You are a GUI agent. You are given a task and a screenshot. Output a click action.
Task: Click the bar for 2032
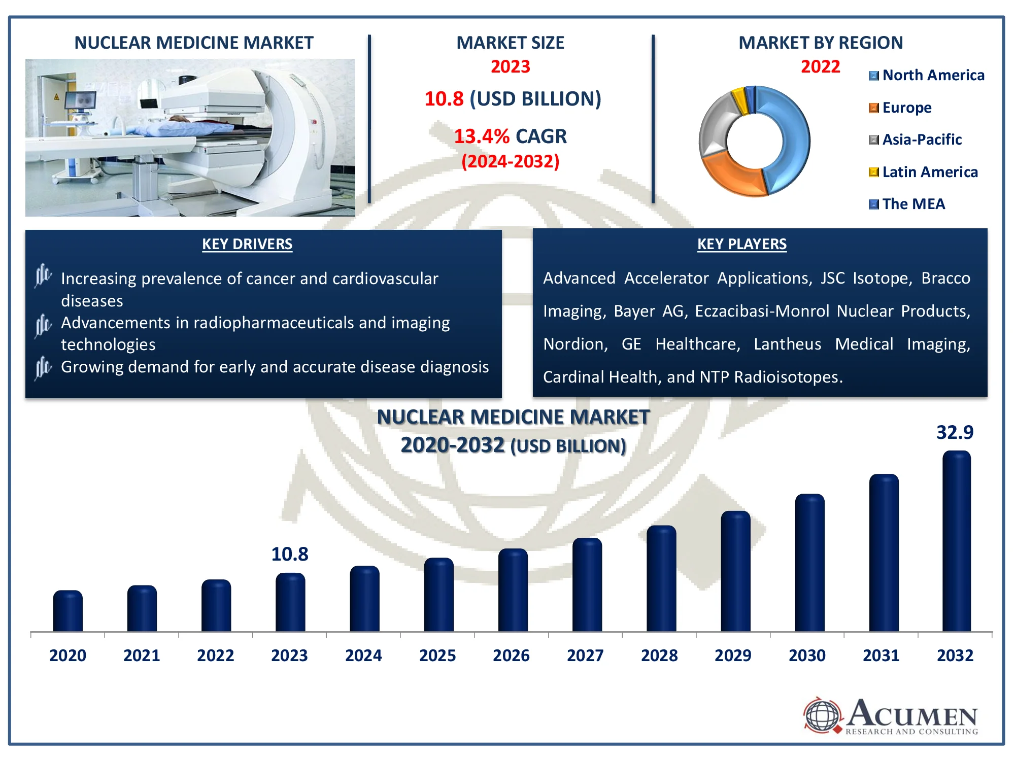point(957,541)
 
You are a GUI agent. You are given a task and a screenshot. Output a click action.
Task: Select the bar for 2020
point(67,611)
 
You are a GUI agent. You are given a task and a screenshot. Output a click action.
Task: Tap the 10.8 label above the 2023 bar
point(290,554)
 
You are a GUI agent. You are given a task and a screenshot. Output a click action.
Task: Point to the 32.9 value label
point(955,432)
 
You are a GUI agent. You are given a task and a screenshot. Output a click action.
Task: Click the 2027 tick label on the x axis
point(585,655)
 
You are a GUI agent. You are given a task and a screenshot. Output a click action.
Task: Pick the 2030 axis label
point(807,655)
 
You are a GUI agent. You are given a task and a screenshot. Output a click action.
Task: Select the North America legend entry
point(927,75)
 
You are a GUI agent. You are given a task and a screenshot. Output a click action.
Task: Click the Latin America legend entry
point(923,172)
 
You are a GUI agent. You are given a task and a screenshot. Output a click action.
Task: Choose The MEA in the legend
point(907,204)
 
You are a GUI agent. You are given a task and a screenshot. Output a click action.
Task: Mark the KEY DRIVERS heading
point(247,244)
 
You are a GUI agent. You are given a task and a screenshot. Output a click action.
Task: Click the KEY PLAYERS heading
point(742,244)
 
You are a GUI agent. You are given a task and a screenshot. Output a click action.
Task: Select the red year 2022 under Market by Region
point(820,66)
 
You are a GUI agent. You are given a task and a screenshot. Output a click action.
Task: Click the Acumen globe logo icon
point(823,715)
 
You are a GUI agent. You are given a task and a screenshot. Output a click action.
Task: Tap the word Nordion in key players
point(575,344)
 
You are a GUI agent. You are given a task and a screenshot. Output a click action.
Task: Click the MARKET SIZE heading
point(510,43)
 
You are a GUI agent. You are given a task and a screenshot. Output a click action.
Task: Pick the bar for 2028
point(661,579)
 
